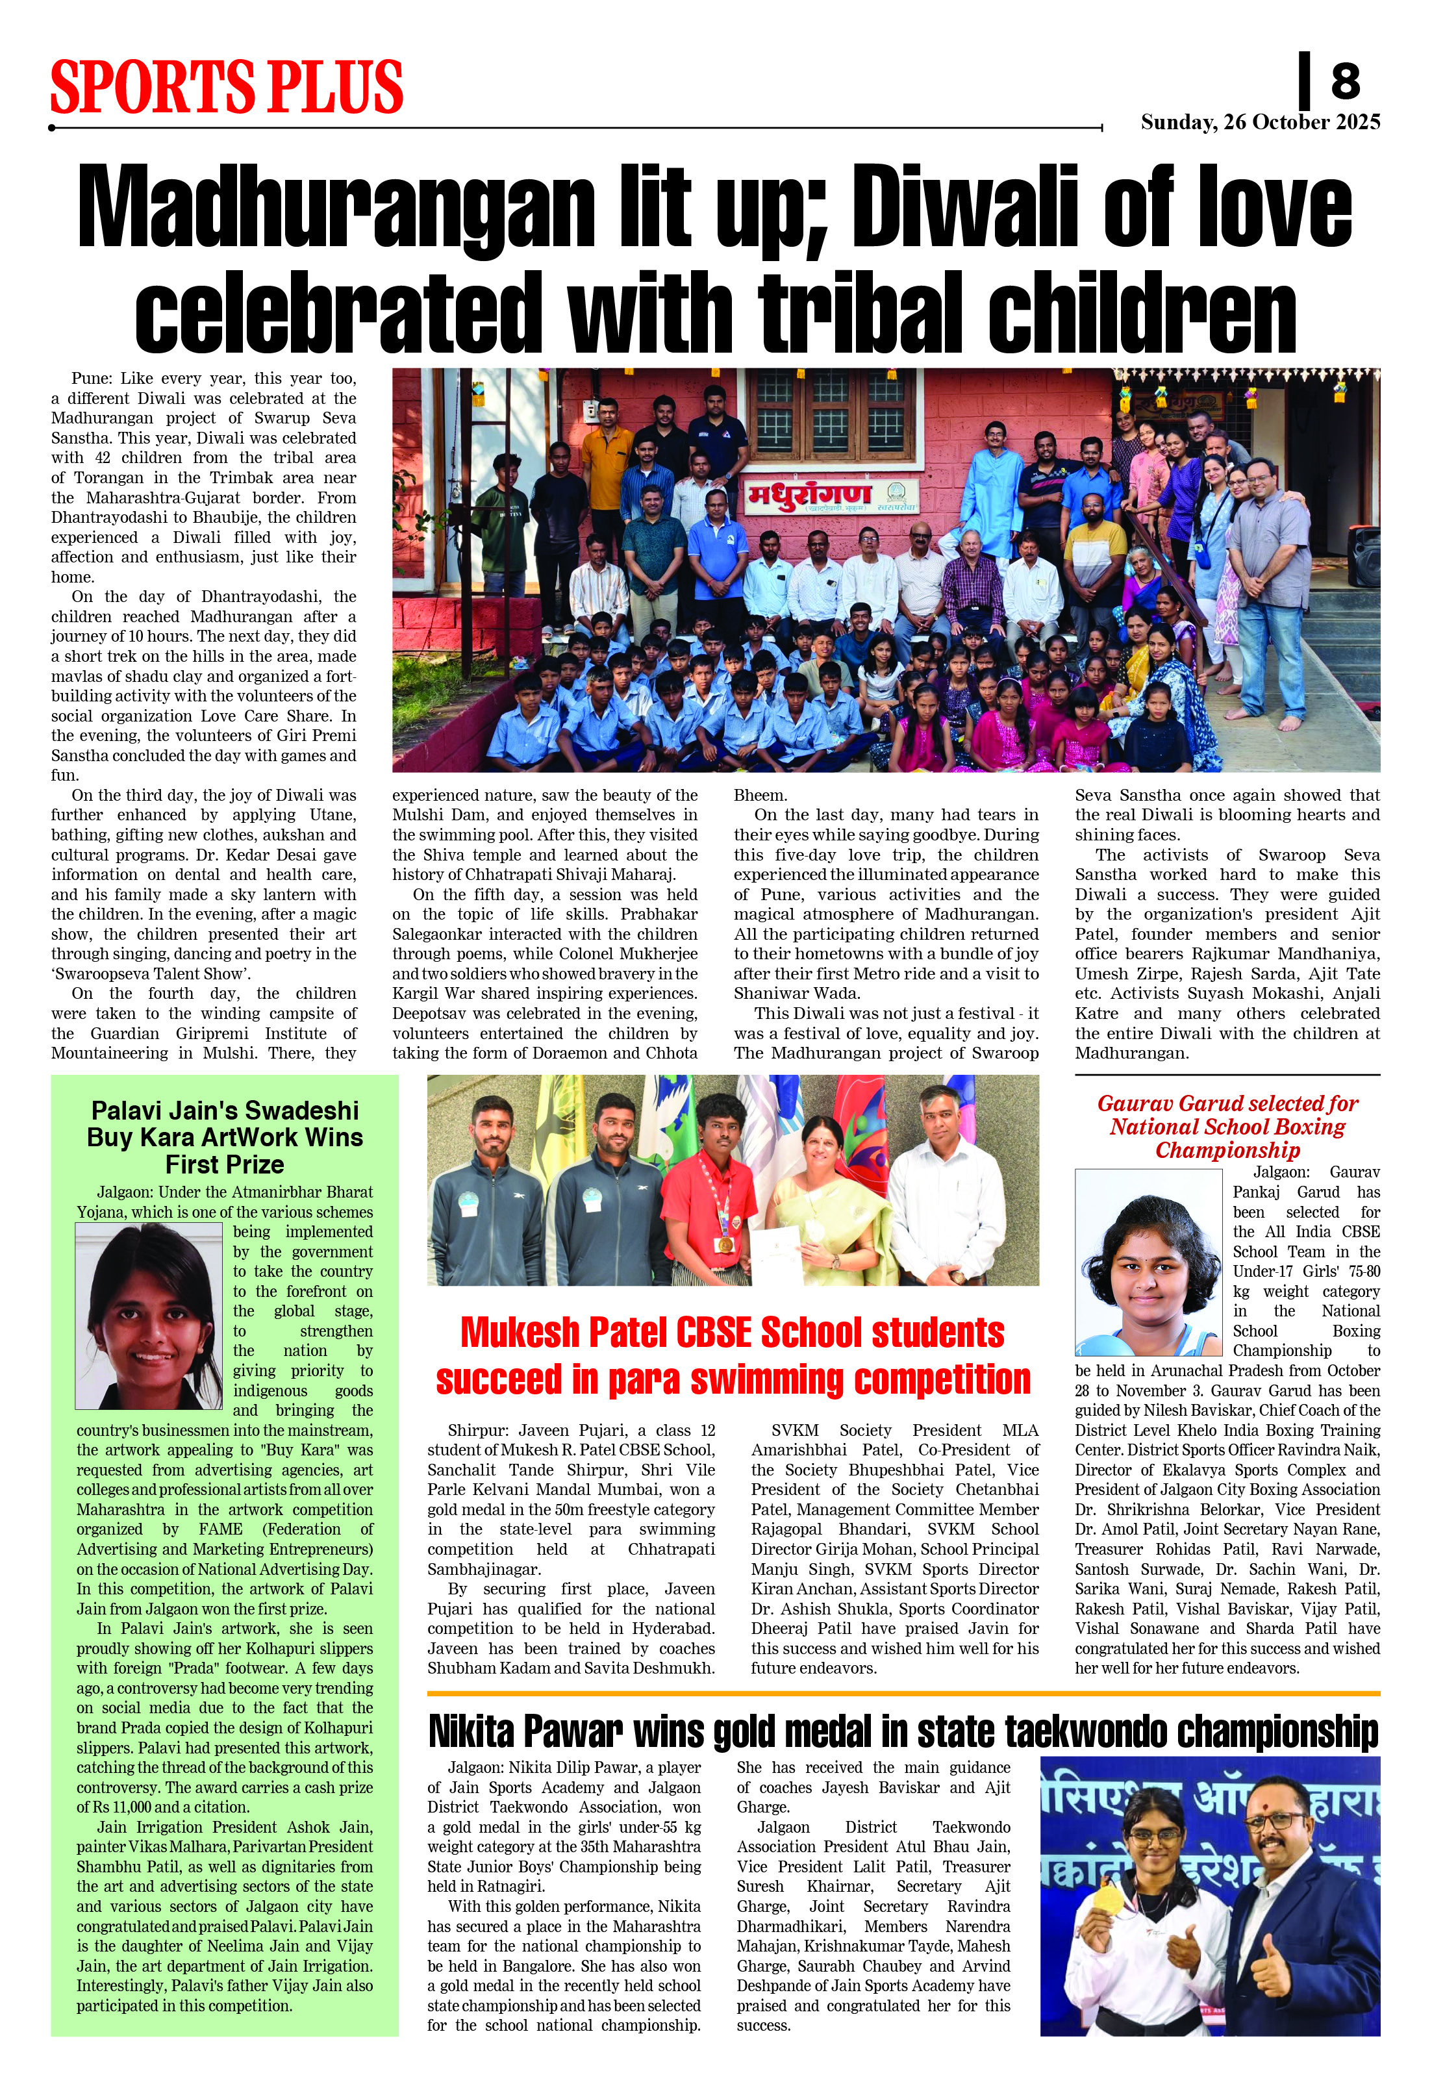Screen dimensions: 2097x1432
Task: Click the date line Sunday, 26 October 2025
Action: (1260, 123)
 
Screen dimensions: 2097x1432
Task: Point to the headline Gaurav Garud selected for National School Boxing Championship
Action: (1227, 1126)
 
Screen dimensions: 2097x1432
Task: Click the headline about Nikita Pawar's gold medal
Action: (902, 1733)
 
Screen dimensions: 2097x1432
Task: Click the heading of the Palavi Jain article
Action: (225, 1137)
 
